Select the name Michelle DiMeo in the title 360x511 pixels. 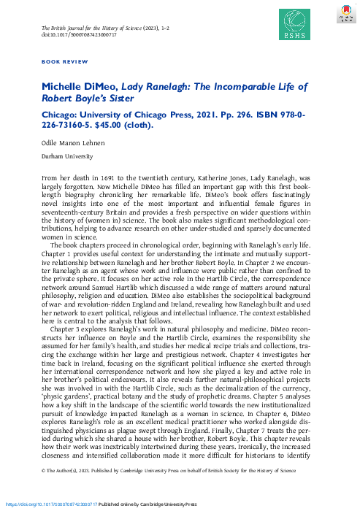pyautogui.click(x=76, y=86)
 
